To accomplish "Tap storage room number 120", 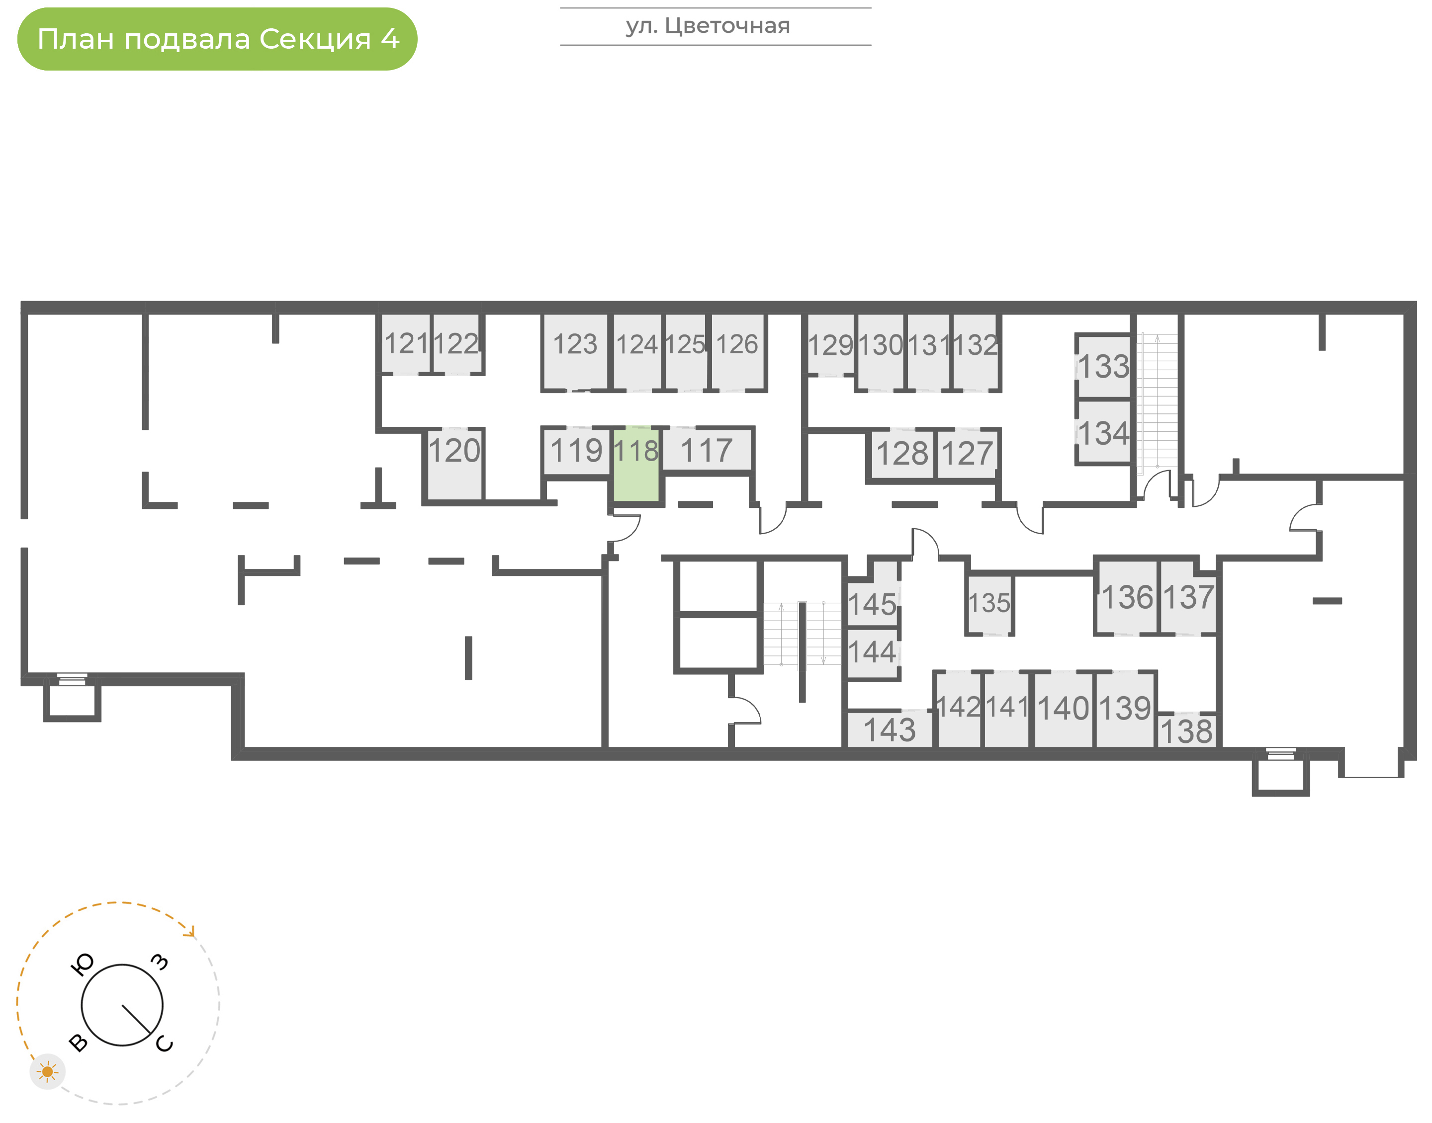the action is (454, 464).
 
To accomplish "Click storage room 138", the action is (1187, 730).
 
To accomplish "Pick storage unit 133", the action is (1104, 367).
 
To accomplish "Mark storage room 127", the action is (966, 454).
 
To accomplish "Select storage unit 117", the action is (707, 450).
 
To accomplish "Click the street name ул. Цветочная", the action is (708, 26).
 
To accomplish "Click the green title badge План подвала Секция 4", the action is (217, 39).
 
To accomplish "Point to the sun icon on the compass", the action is (47, 1072).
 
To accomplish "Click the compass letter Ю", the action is (82, 964).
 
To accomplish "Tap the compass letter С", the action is (165, 1044).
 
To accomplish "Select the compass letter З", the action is (160, 962).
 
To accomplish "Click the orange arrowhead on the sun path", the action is (190, 932).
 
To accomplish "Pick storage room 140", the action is (1063, 709).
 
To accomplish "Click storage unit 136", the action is (1127, 597).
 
